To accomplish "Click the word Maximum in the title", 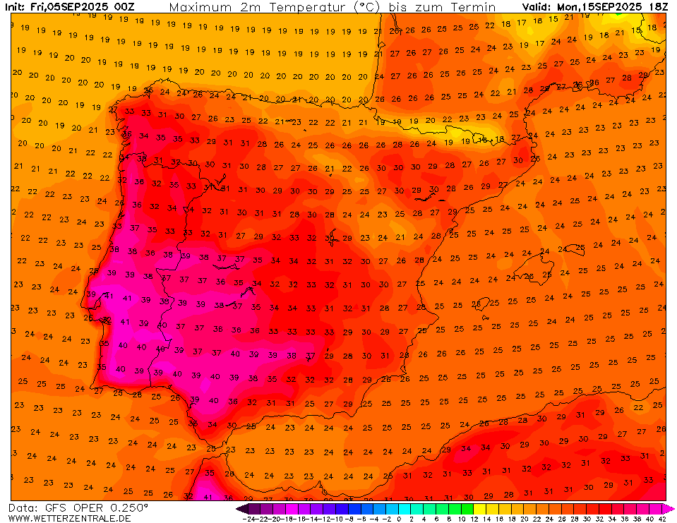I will pos(200,7).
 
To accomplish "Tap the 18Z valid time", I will pos(657,7).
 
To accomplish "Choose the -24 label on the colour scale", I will pos(248,519).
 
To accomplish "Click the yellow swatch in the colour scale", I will pos(479,508).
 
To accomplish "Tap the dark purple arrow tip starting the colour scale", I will pos(241,508).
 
